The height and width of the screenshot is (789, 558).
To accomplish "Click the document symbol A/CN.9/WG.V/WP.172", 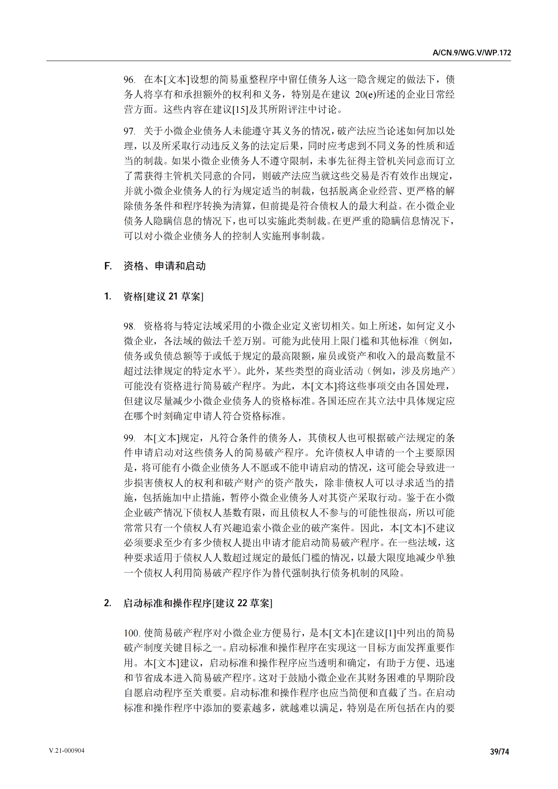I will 471,53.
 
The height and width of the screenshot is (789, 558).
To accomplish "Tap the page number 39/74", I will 500,751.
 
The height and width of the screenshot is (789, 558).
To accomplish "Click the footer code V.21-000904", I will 67,751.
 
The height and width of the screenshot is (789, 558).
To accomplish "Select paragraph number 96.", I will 129,79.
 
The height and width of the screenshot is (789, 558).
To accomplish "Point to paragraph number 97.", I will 129,131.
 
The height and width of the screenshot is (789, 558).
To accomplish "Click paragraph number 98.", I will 129,326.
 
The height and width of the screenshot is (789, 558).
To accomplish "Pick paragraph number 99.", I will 129,438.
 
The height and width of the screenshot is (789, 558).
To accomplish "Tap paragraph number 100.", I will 132,633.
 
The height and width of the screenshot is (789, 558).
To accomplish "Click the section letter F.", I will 108,266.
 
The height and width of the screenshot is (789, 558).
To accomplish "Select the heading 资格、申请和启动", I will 164,266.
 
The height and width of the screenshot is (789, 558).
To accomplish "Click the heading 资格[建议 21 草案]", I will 163,297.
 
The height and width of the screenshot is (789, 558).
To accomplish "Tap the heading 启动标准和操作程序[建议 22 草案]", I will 198,603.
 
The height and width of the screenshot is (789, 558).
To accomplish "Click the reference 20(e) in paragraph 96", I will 365,95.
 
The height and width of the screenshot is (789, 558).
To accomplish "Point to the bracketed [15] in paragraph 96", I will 240,109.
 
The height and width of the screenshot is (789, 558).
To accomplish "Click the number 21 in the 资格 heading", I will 173,297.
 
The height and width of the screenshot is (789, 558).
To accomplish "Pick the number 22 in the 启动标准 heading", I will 242,603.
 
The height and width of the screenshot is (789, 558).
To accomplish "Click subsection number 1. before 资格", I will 108,297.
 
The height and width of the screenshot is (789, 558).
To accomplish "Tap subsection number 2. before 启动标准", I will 108,603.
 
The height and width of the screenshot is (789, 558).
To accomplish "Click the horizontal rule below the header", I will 279,61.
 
